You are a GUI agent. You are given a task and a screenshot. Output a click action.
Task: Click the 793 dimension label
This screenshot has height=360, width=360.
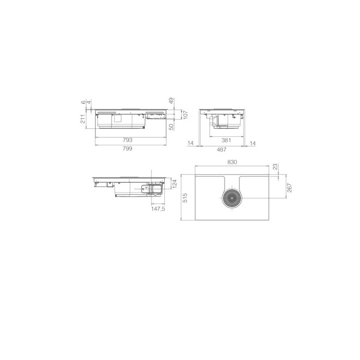tap(127, 140)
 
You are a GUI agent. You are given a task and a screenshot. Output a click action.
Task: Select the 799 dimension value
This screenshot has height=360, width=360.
tap(127, 148)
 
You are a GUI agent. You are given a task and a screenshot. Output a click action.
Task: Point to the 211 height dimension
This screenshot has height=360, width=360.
tap(83, 119)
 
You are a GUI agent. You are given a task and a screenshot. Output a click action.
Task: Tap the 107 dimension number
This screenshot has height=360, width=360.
tap(185, 115)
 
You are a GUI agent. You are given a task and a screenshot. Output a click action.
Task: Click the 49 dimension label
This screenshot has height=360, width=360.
tap(171, 100)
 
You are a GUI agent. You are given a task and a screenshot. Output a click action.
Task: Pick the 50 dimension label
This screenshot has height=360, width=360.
tap(171, 127)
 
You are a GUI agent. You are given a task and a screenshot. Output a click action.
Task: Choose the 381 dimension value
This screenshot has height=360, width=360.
tap(226, 140)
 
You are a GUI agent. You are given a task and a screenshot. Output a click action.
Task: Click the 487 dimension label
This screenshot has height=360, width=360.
tap(221, 149)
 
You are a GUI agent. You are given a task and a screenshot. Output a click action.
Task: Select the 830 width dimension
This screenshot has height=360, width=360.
tap(232, 162)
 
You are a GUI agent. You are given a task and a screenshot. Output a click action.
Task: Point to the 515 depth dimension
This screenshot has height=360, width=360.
tap(185, 198)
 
